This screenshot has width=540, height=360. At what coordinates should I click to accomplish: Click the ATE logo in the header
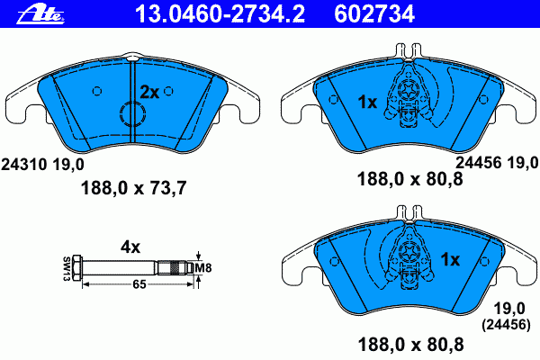pyautogui.click(x=41, y=14)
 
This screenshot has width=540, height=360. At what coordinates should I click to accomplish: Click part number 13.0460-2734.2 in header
pyautogui.click(x=220, y=14)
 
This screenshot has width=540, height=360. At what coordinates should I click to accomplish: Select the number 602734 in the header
pyautogui.click(x=374, y=14)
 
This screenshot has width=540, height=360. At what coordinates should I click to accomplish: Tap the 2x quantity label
pyautogui.click(x=149, y=92)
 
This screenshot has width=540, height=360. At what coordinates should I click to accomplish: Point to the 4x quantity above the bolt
pyautogui.click(x=130, y=247)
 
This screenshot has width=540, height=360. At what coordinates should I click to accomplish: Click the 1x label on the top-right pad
pyautogui.click(x=367, y=102)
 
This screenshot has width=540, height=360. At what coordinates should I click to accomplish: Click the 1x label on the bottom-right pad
pyautogui.click(x=451, y=259)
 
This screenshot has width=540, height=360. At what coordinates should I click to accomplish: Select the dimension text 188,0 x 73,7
pyautogui.click(x=133, y=188)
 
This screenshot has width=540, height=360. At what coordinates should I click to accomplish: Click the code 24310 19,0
pyautogui.click(x=42, y=165)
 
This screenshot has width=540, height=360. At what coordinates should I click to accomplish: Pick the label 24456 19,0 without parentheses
pyautogui.click(x=498, y=162)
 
